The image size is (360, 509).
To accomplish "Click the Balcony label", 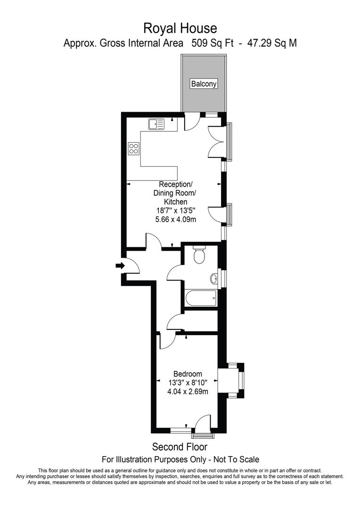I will tap(204, 84).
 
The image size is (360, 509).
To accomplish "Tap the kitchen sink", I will tap(156, 124).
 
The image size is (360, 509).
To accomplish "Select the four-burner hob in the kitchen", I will tap(133, 149).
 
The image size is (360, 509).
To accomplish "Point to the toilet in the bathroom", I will tap(199, 256).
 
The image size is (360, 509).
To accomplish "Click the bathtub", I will tap(201, 297).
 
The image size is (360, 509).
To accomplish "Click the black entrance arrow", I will tap(120, 266).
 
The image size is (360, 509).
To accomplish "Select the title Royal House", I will tap(180, 29).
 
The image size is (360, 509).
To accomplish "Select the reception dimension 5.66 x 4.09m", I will tap(176, 219).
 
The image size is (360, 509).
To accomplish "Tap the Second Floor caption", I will tap(180, 446).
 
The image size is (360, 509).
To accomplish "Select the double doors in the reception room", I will tap(216, 141).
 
